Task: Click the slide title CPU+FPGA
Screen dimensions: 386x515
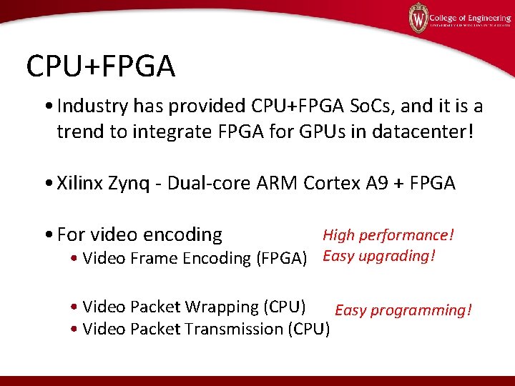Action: pos(100,66)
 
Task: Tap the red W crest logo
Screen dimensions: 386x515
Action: pos(418,18)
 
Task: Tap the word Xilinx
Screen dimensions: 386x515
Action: pos(82,183)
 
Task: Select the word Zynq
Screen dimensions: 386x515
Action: pos(130,183)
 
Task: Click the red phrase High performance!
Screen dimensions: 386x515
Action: pos(388,235)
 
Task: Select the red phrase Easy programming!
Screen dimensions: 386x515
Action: pos(403,310)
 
